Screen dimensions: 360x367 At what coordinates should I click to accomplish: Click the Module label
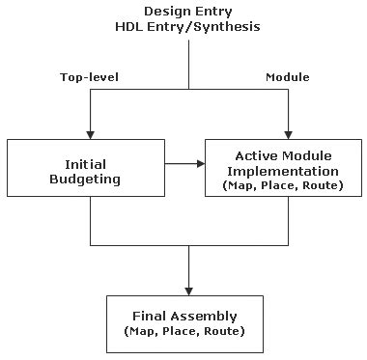286,75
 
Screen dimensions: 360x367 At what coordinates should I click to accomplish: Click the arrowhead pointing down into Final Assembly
188,289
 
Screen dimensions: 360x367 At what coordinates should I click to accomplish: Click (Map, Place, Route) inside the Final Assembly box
189,331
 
